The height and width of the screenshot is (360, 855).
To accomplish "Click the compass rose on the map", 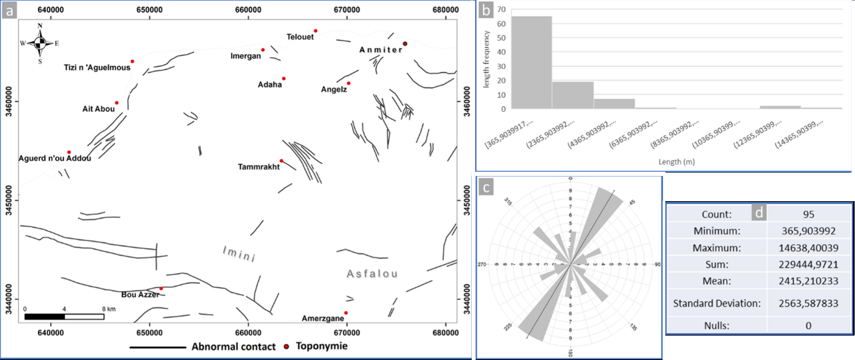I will coord(40,44).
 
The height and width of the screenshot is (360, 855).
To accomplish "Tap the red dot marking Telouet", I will coord(316,31).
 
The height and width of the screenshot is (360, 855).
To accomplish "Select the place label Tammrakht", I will coord(258,167).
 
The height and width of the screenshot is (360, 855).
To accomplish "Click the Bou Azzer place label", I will coord(140,295).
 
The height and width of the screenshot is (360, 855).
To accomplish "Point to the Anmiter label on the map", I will coord(381,50).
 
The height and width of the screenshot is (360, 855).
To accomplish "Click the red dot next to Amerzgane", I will coord(346,313).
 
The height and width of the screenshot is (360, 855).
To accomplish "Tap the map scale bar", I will coord(64,316).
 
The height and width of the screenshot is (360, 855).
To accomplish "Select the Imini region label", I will coord(239,254).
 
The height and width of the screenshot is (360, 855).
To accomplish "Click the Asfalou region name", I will coord(372,274).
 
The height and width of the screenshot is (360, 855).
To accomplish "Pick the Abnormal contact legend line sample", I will coord(158,347).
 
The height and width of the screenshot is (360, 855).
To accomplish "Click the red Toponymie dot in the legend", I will coord(286,346).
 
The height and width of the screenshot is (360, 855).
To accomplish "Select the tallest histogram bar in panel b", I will coord(532,63).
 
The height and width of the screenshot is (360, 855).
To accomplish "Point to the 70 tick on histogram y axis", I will coord(501,9).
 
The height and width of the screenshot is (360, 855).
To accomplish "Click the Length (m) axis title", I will coord(676,162).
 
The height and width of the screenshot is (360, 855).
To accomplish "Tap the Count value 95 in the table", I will coord(808,214).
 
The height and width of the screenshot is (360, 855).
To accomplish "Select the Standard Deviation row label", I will coord(716,303).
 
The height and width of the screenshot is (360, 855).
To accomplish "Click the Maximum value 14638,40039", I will coord(808,248).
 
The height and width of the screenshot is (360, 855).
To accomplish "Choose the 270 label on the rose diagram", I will coord(482,265).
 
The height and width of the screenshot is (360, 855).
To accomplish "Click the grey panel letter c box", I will coord(486,187).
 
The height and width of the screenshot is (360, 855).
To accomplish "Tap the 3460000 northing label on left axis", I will coord(8,101).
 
